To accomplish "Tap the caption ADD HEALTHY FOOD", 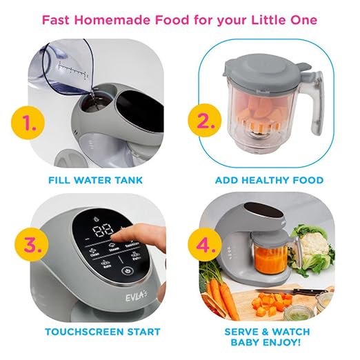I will (x=269, y=181).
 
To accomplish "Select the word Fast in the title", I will (x=57, y=19).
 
